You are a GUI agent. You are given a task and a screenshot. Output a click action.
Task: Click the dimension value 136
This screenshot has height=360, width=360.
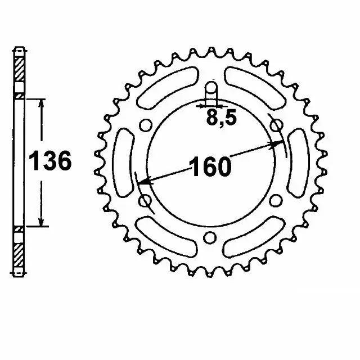[51, 161]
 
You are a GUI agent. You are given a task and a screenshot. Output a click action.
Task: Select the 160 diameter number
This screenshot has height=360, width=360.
[209, 168]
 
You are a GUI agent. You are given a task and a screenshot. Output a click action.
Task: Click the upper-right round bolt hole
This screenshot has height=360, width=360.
[275, 126]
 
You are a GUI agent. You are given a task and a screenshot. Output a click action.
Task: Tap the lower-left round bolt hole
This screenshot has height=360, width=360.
[144, 200]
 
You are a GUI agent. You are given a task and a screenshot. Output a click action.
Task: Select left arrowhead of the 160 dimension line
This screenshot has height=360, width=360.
[143, 183]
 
